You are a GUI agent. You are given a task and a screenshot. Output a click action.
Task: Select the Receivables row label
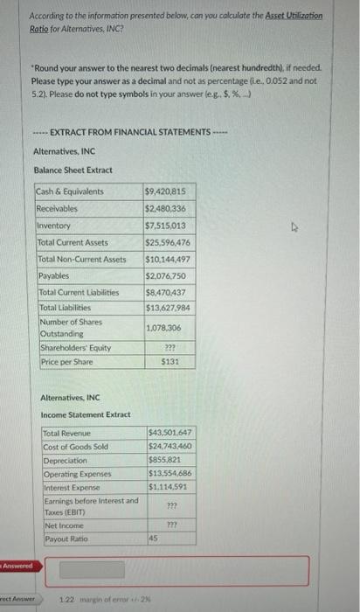[57, 209]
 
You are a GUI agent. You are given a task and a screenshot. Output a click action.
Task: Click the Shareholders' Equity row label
[75, 347]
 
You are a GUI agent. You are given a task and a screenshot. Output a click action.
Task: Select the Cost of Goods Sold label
[76, 448]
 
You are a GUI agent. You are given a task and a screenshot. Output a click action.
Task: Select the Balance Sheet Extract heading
[73, 169]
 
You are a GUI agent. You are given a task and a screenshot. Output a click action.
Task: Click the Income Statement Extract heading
[86, 414]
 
